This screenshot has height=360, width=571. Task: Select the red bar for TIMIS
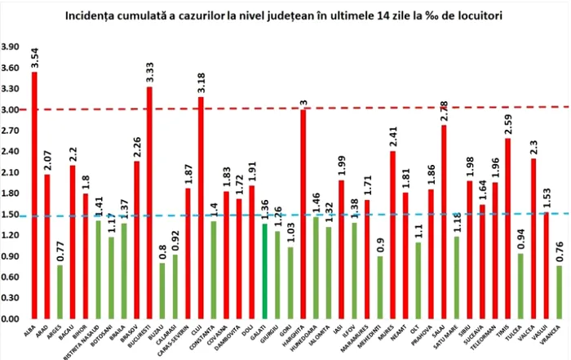click(x=507, y=229)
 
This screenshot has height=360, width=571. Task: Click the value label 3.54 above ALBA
click(x=34, y=58)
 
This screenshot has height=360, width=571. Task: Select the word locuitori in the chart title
click(x=456, y=15)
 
